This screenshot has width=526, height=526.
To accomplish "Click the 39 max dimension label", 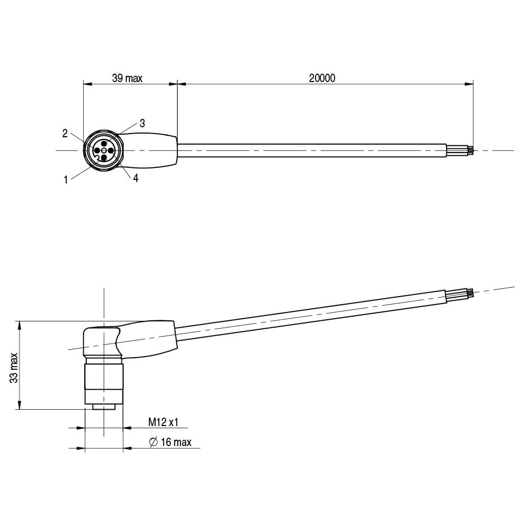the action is (127, 78).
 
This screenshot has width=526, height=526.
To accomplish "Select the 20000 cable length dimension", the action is (322, 78).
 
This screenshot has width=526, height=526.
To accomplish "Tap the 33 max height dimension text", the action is (14, 368).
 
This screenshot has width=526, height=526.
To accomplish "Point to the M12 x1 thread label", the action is (163, 422).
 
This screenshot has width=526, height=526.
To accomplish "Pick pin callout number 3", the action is (142, 123).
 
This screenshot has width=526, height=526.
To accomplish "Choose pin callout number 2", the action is (65, 134).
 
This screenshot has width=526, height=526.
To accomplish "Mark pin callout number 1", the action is (66, 180).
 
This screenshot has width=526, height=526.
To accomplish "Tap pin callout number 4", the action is (136, 178).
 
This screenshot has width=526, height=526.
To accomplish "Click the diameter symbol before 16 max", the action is (153, 442).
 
